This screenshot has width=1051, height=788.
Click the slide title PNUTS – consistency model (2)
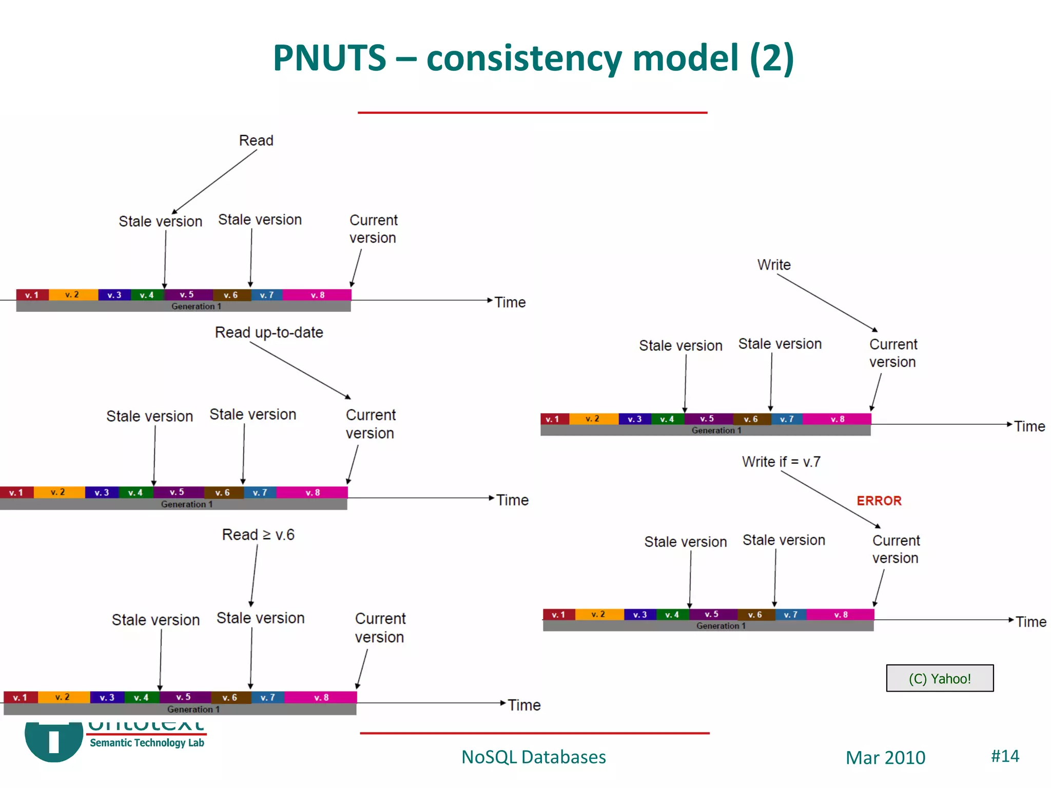(533, 57)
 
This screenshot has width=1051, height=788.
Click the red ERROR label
(879, 501)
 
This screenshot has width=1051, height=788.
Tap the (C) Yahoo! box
(939, 678)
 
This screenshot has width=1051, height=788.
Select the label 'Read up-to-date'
(269, 332)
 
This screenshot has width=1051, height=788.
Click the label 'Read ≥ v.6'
(258, 535)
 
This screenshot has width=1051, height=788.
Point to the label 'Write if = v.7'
(781, 462)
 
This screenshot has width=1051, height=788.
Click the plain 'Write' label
(774, 265)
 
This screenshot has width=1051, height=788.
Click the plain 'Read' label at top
(256, 141)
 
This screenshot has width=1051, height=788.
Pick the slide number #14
(1004, 756)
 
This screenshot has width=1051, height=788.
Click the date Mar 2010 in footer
(885, 757)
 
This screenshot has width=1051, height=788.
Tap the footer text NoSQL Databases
(533, 757)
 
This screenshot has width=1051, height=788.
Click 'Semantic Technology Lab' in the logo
(147, 742)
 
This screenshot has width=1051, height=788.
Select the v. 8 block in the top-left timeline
(317, 295)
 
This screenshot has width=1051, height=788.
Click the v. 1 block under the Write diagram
(553, 419)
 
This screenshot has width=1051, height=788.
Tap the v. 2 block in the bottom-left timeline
(63, 697)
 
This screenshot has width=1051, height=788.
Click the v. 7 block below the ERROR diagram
(790, 615)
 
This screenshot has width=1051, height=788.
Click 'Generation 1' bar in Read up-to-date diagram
(186, 504)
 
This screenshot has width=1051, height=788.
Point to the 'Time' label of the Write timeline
(1029, 426)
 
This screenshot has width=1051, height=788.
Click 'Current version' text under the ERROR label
(896, 549)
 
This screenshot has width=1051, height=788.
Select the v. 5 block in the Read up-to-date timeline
(177, 493)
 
